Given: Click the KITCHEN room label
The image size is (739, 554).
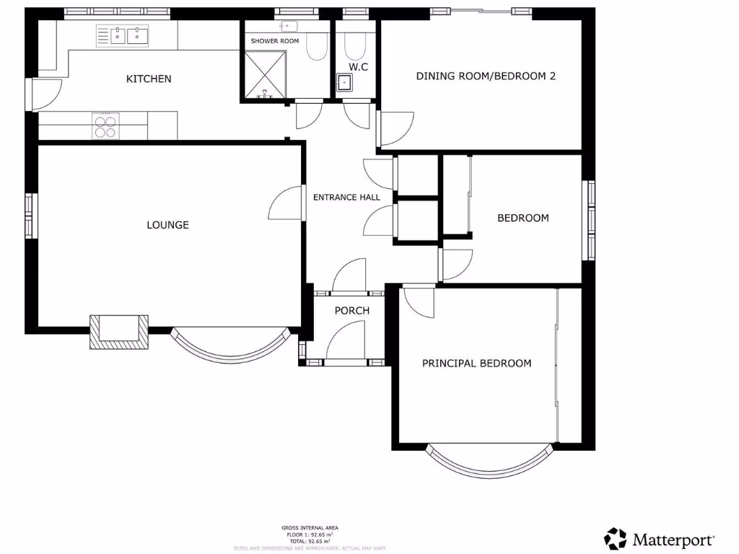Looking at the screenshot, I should coord(149,79).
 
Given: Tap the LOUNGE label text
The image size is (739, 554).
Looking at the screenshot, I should coord(167,225).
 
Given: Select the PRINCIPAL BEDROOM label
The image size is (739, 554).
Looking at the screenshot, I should coord(476,364).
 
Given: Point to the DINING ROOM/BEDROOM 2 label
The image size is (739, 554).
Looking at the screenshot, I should coord(486,76).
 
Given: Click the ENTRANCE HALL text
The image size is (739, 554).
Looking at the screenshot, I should coord(346,197).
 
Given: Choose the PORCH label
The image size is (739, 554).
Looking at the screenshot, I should coord(351,311).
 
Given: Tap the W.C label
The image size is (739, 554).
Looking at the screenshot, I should coord(359,67).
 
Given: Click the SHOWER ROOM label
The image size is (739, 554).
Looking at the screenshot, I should coord(274,41).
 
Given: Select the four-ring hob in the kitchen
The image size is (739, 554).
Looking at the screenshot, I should coord(105,126).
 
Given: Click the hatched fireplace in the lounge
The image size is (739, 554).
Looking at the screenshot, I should coord(118,332).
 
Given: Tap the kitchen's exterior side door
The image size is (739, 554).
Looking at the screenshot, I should coord(45,94).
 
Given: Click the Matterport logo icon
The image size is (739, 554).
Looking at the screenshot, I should coord(615,538).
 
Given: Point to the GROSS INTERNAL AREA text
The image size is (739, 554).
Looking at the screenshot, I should coord(310,528).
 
